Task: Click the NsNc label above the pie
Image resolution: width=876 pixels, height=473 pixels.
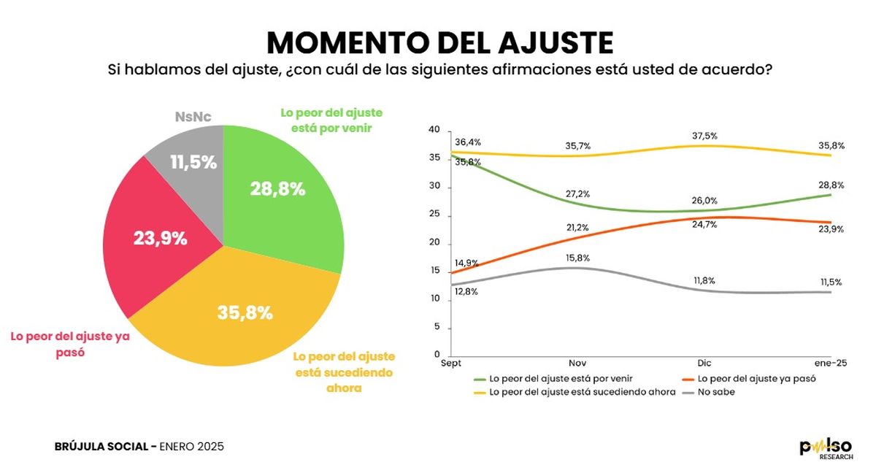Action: [x=193, y=116]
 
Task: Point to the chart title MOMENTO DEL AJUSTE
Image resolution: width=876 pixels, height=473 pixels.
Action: [x=439, y=44]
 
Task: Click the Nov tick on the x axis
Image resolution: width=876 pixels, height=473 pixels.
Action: [x=578, y=363]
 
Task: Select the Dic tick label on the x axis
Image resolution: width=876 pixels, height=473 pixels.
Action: [x=704, y=363]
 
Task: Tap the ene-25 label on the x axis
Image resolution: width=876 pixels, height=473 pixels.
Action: [x=830, y=363]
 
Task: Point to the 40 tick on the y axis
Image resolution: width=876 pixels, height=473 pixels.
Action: [x=434, y=130]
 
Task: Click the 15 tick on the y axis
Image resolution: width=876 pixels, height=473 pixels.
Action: [x=434, y=272]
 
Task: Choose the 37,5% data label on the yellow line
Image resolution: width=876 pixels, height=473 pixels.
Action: [x=704, y=135]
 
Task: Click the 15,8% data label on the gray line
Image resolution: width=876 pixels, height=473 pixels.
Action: [x=577, y=258]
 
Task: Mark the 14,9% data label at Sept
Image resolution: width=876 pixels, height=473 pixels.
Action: [x=466, y=263]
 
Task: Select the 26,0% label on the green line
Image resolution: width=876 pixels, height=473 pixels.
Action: [x=704, y=201]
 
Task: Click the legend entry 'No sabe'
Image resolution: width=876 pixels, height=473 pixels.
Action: [x=715, y=392]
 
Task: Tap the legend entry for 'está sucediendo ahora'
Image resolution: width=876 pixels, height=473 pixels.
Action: [x=569, y=392]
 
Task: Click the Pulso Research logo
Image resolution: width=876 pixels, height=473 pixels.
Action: [x=825, y=447]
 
